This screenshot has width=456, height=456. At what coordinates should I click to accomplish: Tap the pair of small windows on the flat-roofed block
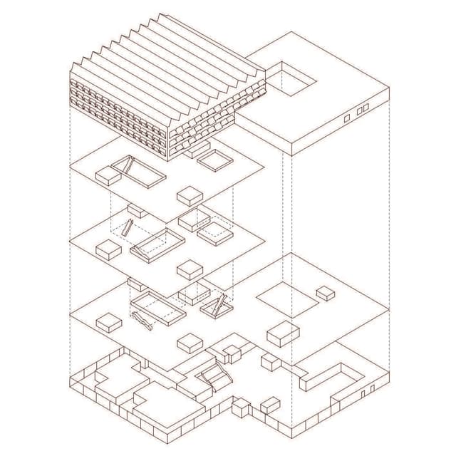[x=363, y=109]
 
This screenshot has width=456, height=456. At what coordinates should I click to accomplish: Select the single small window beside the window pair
[x=347, y=118]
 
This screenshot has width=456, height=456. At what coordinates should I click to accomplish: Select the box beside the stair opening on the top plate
[x=108, y=175]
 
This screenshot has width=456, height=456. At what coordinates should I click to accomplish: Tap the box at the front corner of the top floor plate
[x=190, y=195]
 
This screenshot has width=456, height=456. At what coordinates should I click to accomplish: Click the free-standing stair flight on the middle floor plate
[x=127, y=229]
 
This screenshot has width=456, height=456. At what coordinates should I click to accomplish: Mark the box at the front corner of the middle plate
[x=190, y=269]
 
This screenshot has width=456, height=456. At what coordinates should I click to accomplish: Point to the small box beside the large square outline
[x=326, y=292]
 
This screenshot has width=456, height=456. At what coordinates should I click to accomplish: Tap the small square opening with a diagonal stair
[x=214, y=307]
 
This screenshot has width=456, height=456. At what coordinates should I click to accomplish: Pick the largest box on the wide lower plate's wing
[x=283, y=333]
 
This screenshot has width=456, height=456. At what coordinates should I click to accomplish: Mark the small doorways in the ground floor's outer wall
[x=367, y=390]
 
